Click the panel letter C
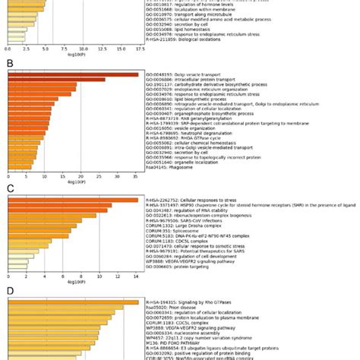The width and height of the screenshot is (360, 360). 10,186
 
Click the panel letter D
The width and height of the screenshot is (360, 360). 10,291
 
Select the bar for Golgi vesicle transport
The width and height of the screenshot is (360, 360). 73,74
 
